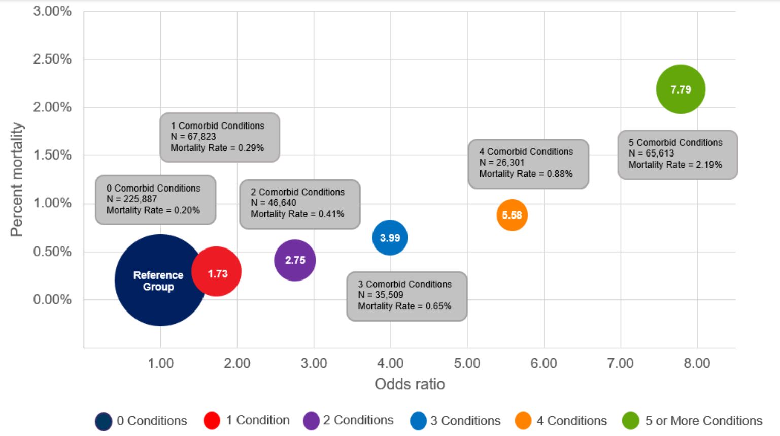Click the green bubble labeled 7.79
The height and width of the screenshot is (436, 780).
pyautogui.click(x=681, y=89)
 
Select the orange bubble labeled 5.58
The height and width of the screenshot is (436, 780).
pyautogui.click(x=512, y=215)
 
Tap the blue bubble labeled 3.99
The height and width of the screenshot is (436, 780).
pyautogui.click(x=390, y=237)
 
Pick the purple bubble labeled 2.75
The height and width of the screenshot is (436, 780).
pyautogui.click(x=295, y=260)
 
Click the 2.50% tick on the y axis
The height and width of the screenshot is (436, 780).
pyautogui.click(x=52, y=59)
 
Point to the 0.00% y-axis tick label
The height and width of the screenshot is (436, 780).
pyautogui.click(x=52, y=299)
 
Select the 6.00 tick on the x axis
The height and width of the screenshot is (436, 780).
pyautogui.click(x=544, y=363)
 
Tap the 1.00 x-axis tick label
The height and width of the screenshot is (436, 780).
pyautogui.click(x=160, y=363)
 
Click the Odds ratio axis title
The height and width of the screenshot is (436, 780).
pyautogui.click(x=410, y=384)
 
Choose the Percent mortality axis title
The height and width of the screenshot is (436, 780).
pyautogui.click(x=17, y=179)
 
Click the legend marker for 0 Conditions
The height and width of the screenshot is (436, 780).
pyautogui.click(x=104, y=421)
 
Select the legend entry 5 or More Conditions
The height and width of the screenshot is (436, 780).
pyautogui.click(x=703, y=421)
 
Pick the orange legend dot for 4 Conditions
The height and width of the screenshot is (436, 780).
pyautogui.click(x=523, y=421)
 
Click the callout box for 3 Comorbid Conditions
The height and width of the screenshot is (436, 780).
pyautogui.click(x=406, y=296)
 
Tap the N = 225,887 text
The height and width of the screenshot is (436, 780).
pyautogui.click(x=131, y=199)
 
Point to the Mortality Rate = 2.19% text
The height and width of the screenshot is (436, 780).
pyautogui.click(x=675, y=165)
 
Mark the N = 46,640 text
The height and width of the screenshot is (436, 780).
pyautogui.click(x=273, y=203)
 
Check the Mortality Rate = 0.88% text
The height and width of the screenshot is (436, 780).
pyautogui.click(x=526, y=174)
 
